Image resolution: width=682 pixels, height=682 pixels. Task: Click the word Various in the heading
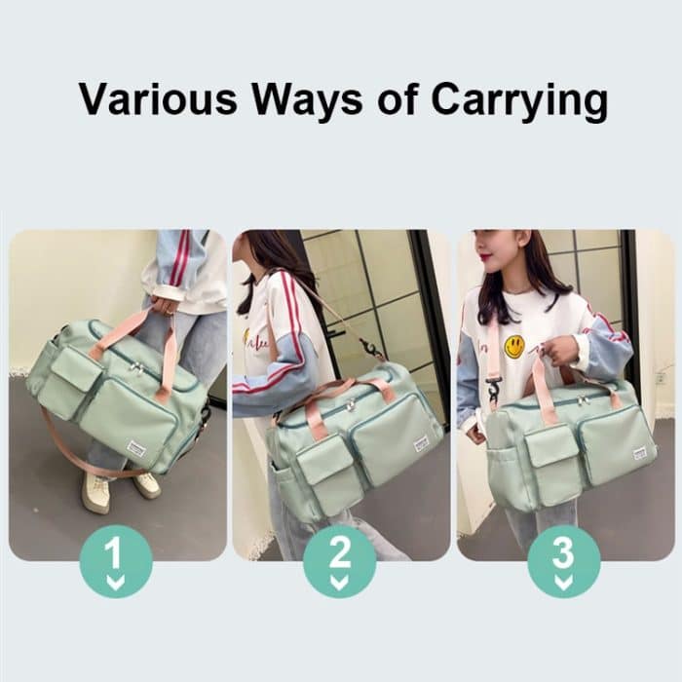click(158, 98)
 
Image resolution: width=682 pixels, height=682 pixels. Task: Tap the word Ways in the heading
click(308, 101)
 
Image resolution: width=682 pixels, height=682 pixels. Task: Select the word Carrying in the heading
click(518, 101)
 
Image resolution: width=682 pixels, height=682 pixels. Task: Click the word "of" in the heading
click(398, 99)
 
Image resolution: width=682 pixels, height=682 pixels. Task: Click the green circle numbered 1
click(116, 561)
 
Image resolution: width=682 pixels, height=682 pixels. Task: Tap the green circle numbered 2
click(340, 561)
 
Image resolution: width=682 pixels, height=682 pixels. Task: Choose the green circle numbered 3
click(564, 561)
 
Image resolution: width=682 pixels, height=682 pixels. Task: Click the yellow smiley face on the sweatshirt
click(514, 348)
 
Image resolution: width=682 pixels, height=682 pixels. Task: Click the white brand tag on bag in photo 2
click(422, 443)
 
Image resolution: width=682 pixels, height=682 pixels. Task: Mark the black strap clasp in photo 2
click(369, 347)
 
